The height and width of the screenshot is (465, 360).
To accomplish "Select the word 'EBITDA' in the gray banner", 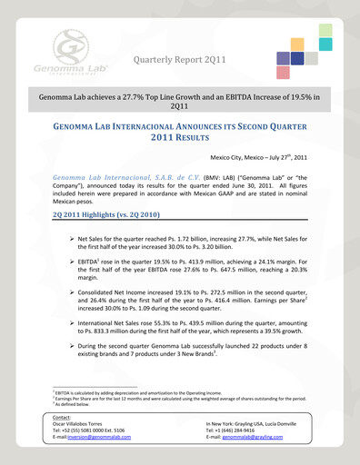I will click(246, 94).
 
